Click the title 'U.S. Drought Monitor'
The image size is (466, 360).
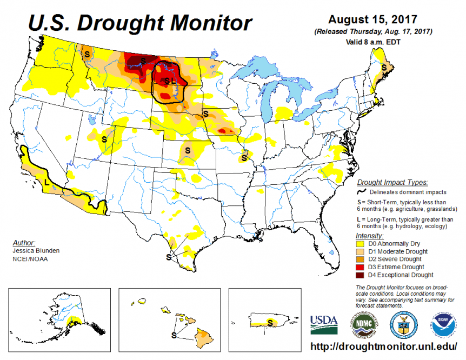click(139, 23)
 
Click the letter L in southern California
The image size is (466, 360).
click(46, 183)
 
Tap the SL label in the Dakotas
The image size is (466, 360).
click(169, 80)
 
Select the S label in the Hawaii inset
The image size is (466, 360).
click(174, 335)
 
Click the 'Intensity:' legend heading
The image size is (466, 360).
click(370, 236)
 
